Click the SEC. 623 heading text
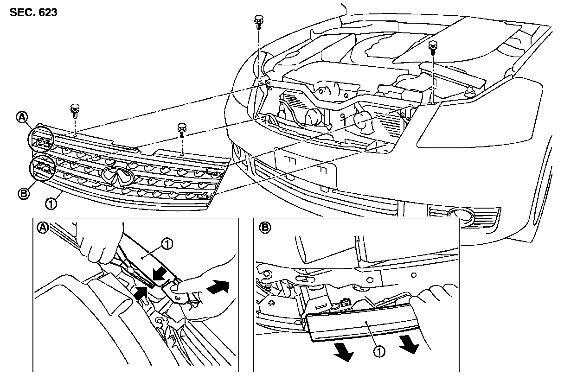coord(33,13)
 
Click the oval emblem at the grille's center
coord(117,177)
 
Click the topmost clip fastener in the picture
coord(258,22)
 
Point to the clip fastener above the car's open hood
coord(433,47)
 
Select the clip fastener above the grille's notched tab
coord(182,130)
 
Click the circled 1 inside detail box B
coord(379,351)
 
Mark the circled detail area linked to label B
coord(42,168)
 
